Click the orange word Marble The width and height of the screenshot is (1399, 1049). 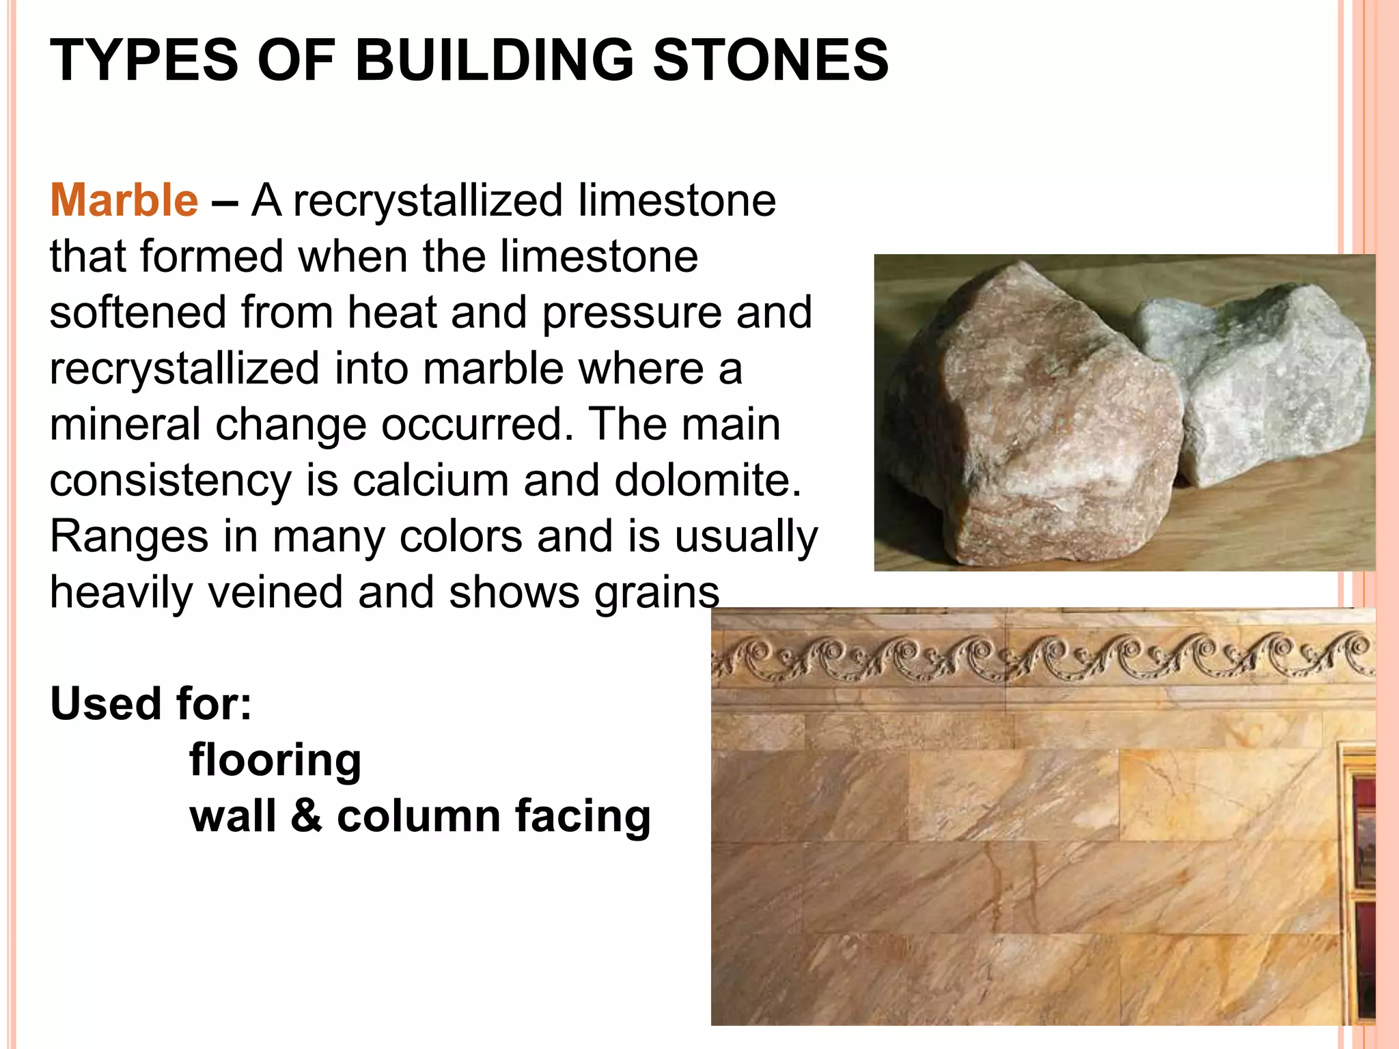[124, 201]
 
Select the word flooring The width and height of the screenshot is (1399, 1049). [275, 760]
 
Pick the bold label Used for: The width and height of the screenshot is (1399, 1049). [151, 703]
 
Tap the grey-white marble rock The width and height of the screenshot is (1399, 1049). [1271, 382]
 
